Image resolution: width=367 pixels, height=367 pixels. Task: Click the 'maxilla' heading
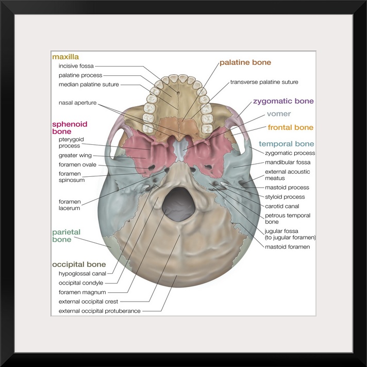coord(65,57)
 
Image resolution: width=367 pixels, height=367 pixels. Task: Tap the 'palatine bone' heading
coord(245,63)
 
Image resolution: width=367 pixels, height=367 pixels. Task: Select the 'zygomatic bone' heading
coord(283,102)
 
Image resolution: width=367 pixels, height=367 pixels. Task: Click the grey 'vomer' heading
coord(279,114)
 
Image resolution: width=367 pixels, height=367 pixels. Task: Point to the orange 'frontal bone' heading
coord(290,127)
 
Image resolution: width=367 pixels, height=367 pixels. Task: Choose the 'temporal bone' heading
coord(286,144)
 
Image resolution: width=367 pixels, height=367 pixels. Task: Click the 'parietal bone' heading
coord(66,236)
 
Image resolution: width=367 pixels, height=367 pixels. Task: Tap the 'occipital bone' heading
coord(79,264)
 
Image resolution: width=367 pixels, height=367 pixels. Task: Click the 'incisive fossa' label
coord(76,66)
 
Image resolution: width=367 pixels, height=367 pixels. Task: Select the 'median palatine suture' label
coord(89,85)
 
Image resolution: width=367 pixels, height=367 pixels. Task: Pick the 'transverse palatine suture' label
coord(264,82)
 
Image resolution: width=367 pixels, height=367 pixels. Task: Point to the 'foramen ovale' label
coord(77,165)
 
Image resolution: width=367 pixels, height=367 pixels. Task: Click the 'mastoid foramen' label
coord(287,247)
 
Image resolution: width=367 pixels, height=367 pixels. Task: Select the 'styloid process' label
coord(285,197)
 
